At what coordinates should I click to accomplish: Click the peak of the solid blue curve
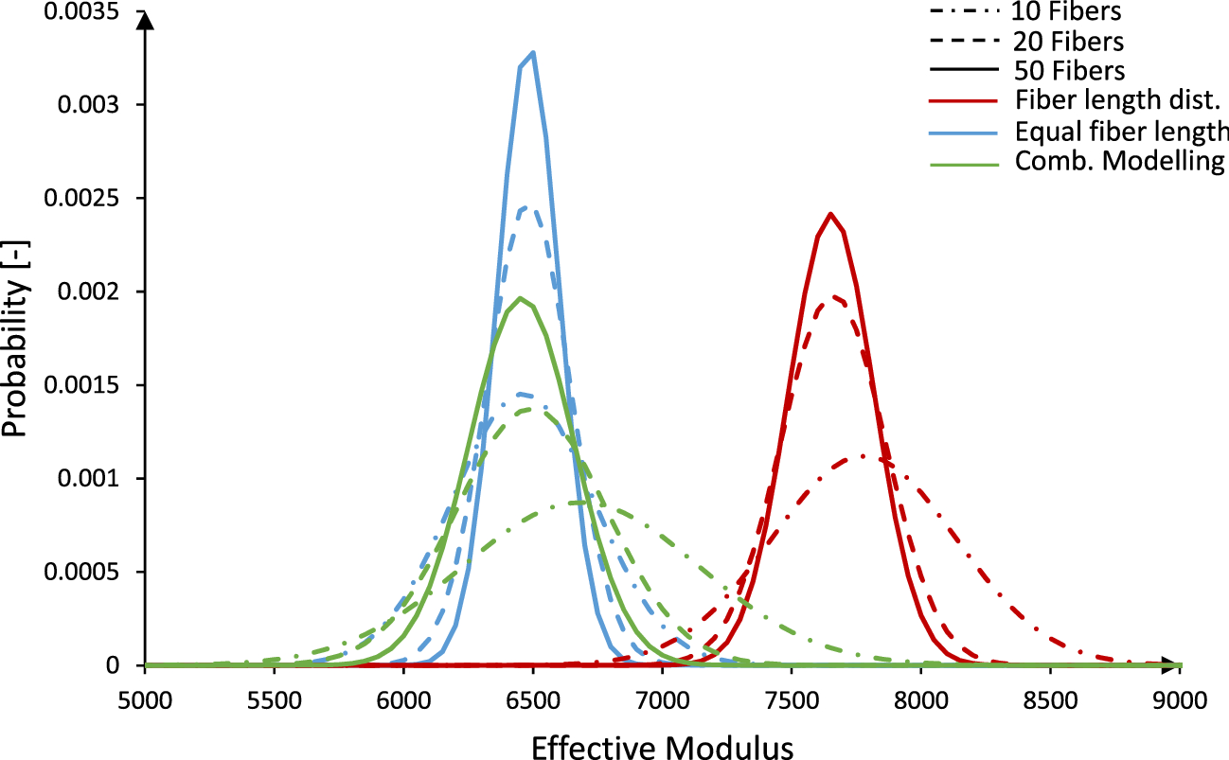tap(533, 53)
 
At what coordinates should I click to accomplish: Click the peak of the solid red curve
tap(830, 214)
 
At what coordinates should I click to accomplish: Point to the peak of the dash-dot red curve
tap(864, 456)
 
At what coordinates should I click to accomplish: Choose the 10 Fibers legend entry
tap(1068, 12)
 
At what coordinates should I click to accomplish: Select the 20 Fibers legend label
tap(1068, 42)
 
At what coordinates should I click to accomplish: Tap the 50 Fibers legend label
tap(1068, 70)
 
